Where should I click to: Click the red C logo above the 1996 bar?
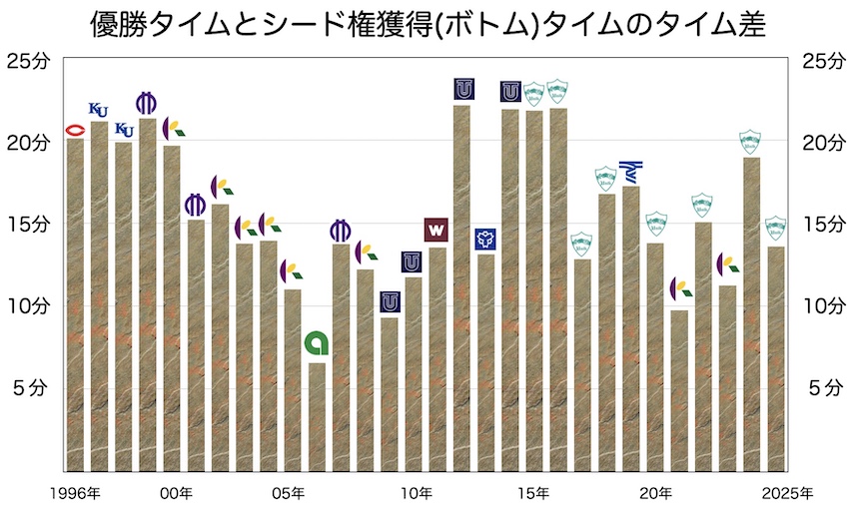click(x=75, y=131)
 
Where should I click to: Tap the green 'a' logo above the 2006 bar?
click(x=317, y=343)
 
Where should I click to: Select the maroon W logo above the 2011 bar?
click(x=436, y=230)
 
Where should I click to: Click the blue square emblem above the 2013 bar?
click(x=485, y=239)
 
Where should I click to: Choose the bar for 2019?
click(x=630, y=329)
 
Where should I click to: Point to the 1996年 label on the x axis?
click(x=77, y=492)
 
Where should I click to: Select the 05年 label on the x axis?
click(x=295, y=492)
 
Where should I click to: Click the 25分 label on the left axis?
click(x=31, y=61)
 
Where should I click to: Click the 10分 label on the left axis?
click(x=31, y=305)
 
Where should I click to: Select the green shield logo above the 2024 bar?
click(x=750, y=141)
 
